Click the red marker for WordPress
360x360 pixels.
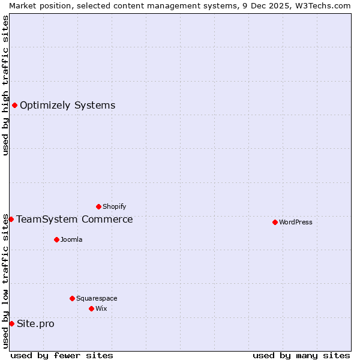pyautogui.click(x=275, y=222)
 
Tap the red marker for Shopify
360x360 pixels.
pyautogui.click(x=98, y=207)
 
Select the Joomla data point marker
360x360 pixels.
pyautogui.click(x=56, y=239)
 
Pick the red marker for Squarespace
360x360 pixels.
pyautogui.click(x=72, y=298)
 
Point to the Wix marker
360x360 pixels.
pyautogui.click(x=91, y=308)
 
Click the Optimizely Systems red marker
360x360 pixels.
pyautogui.click(x=14, y=106)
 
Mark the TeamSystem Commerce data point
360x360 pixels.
pyautogui.click(x=11, y=219)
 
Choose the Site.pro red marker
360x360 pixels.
pyautogui.click(x=11, y=324)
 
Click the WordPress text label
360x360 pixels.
pyautogui.click(x=296, y=222)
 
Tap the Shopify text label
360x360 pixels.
pyautogui.click(x=115, y=207)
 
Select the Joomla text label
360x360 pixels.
pyautogui.click(x=71, y=239)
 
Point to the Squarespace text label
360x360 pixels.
pyautogui.click(x=97, y=298)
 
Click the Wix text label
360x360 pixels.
pyautogui.click(x=101, y=308)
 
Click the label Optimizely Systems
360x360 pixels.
pyautogui.click(x=67, y=106)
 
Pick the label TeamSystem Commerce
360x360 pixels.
pyautogui.click(x=74, y=219)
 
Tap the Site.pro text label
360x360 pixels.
pyautogui.click(x=35, y=324)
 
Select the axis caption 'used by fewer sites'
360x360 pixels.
pyautogui.click(x=62, y=355)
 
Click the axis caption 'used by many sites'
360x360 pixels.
pyautogui.click(x=301, y=355)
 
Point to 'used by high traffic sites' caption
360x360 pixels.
pyautogui.click(x=5, y=85)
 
